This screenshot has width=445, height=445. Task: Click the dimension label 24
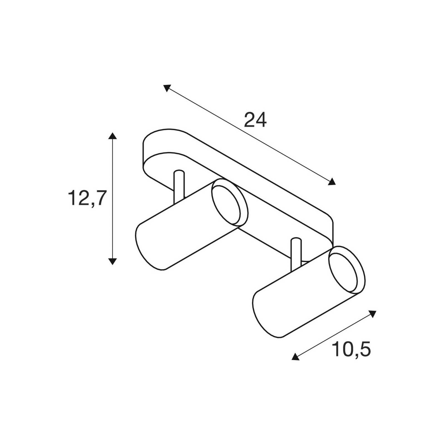pyautogui.click(x=255, y=120)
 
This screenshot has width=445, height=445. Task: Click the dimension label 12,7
pyautogui.click(x=87, y=199)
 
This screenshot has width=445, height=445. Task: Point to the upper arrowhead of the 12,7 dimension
pyautogui.click(x=112, y=136)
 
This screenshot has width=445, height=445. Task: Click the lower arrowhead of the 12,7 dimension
pyautogui.click(x=112, y=261)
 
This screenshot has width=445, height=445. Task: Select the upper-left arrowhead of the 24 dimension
pyautogui.click(x=167, y=88)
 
